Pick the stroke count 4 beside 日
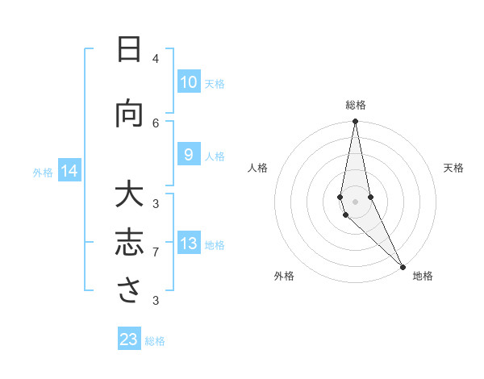156,59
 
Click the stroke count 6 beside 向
156,123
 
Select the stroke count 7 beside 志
156,252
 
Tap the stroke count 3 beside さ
156,301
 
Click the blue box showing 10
188,82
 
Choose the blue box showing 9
188,155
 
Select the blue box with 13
188,244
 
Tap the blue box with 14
69,171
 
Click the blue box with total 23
129,339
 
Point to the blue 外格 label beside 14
43,172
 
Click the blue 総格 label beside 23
156,340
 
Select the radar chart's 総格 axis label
355,105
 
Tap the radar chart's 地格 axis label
423,276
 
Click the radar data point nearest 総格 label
355,122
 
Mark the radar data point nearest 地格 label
403,265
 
